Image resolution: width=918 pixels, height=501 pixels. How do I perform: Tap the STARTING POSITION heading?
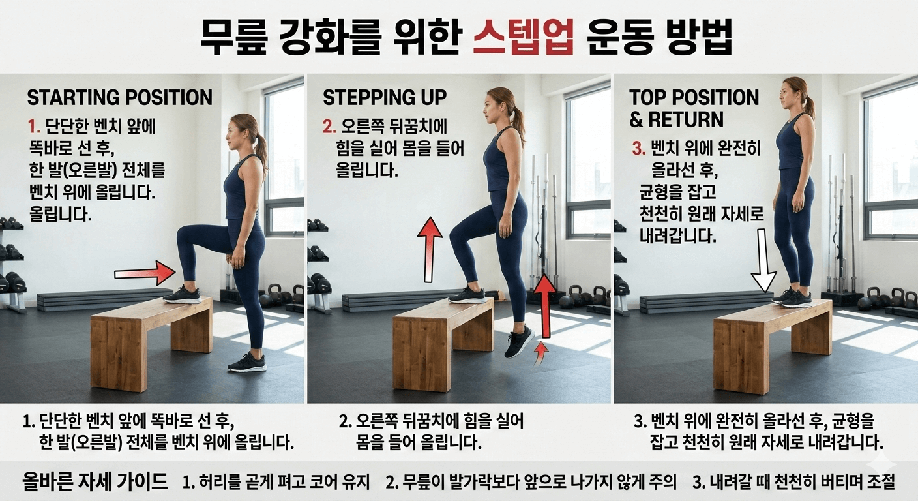(120, 98)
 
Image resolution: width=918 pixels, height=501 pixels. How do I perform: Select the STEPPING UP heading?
(385, 98)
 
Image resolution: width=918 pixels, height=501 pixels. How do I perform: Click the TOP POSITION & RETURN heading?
(694, 108)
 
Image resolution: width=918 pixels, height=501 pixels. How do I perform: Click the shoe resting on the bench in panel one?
(182, 295)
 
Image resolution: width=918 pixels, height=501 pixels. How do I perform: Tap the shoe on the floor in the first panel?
(247, 362)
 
